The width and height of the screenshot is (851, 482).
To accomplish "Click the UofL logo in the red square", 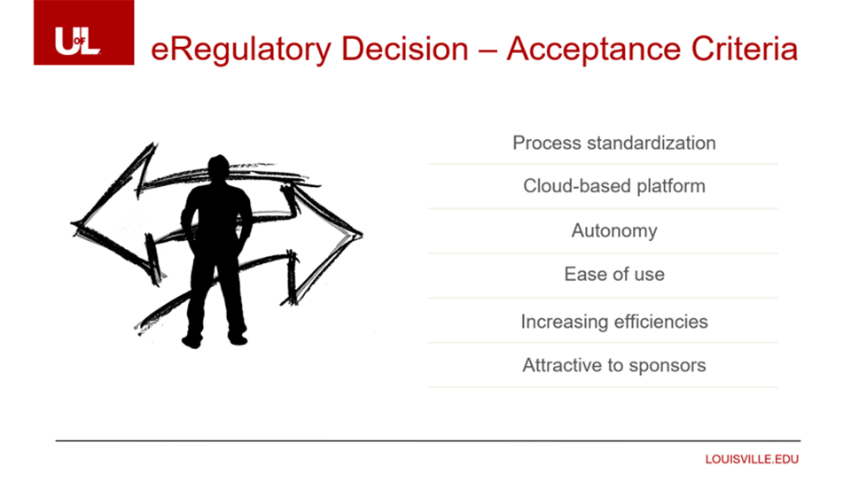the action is tap(78, 41).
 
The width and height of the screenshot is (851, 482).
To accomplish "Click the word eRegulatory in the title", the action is tap(240, 50).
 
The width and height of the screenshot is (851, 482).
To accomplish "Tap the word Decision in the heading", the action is tap(404, 49).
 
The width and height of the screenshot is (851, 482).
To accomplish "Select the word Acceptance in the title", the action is tap(593, 50).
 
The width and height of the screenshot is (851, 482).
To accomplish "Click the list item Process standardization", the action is tap(613, 144).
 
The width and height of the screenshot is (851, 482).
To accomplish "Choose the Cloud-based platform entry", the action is tap(613, 187).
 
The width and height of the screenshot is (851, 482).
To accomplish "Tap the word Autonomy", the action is tap(613, 231).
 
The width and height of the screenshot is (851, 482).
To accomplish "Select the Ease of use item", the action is tap(613, 275).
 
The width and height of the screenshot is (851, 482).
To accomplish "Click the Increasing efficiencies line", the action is tap(613, 322).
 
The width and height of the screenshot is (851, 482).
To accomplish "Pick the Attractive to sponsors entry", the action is tap(613, 366).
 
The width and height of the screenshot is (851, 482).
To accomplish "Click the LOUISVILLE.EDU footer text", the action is tap(752, 459).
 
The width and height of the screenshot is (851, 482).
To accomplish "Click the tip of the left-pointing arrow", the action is tap(72, 223).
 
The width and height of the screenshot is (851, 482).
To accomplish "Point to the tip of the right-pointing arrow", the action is tap(361, 234).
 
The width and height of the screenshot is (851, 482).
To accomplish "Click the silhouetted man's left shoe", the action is tap(238, 339).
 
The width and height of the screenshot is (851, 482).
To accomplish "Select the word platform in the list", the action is tap(671, 187).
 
